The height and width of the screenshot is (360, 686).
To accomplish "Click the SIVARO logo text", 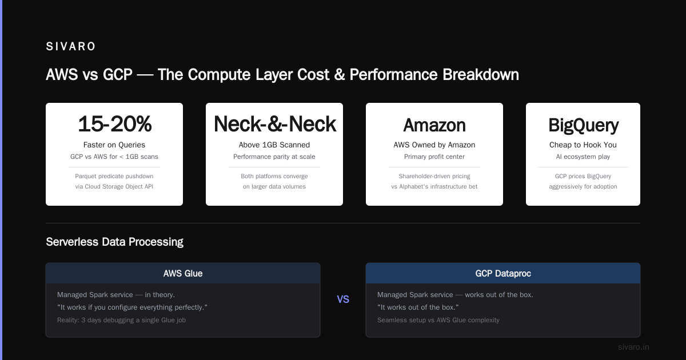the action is (70, 46).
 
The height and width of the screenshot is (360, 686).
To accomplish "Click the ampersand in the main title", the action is (340, 75).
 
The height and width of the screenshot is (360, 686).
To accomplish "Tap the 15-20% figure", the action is (114, 124).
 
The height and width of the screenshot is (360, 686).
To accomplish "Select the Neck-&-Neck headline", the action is (275, 124).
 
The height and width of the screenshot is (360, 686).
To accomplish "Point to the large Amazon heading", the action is (434, 125).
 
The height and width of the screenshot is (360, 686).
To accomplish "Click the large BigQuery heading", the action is (583, 126).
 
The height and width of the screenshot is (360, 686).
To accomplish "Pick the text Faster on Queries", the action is (114, 145).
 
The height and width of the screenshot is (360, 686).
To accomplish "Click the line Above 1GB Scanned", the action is (274, 145).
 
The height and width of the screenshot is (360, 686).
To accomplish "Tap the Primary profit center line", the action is (434, 157).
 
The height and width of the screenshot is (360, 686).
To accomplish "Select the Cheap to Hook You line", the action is (583, 145).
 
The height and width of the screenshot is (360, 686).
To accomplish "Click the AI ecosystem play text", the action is (583, 157).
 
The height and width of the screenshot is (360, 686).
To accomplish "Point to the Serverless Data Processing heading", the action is (114, 242).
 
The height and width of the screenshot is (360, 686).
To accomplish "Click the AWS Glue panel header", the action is (183, 273).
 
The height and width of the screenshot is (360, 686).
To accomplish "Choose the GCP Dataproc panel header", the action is (503, 273).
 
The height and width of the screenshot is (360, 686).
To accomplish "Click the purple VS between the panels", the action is (343, 299).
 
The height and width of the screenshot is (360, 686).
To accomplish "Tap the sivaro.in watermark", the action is (633, 347).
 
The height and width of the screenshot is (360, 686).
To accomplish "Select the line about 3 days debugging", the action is (121, 320).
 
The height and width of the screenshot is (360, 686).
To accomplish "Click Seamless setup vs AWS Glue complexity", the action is (438, 320).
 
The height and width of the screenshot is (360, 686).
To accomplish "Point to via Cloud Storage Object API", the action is (114, 186).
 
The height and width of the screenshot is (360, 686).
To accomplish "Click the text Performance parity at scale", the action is (274, 157).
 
